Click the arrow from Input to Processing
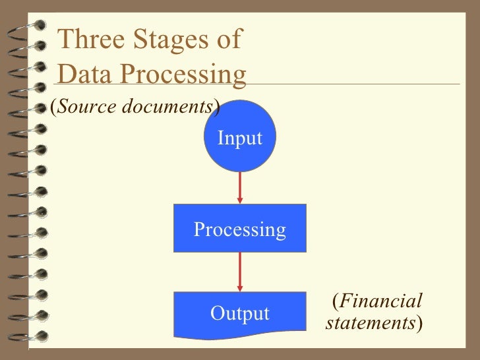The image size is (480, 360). coord(240,188)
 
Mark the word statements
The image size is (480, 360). coord(371,324)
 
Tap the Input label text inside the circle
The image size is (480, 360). coord(240,138)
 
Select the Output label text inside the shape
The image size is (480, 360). coord(240,314)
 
